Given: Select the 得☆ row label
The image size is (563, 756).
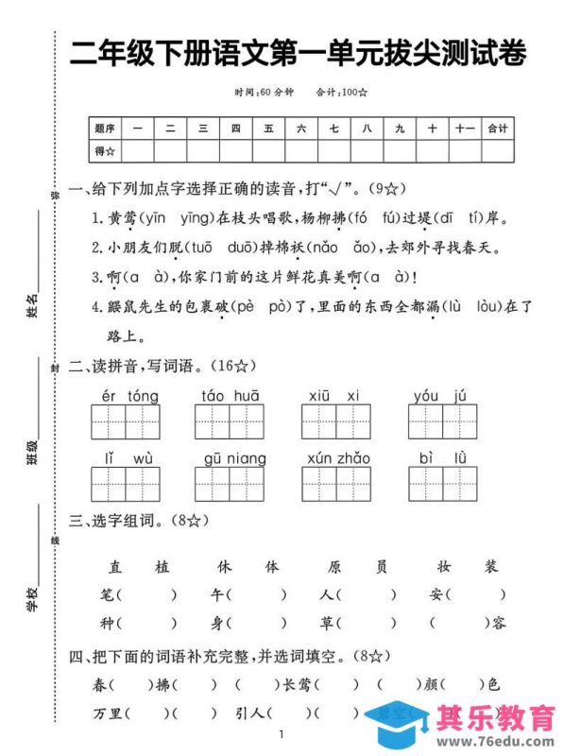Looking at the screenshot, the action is pyautogui.click(x=105, y=149).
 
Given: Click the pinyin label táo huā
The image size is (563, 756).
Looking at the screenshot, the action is pyautogui.click(x=230, y=395).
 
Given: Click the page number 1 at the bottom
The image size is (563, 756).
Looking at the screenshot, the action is pyautogui.click(x=281, y=735).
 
